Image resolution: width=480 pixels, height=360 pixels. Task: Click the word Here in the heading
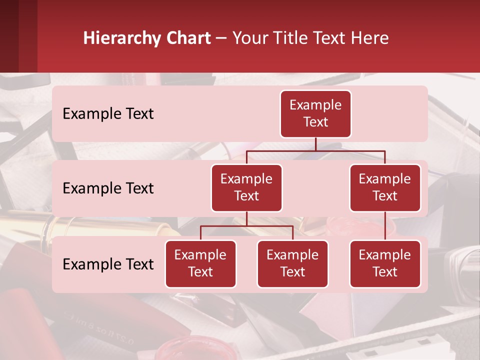(368, 38)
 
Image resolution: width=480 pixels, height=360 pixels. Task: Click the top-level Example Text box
(315, 114)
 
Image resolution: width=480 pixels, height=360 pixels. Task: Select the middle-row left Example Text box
(246, 188)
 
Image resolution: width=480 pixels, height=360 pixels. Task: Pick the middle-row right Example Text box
(385, 188)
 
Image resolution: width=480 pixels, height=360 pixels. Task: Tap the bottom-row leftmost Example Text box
(200, 264)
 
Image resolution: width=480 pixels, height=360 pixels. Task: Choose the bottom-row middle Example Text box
(292, 264)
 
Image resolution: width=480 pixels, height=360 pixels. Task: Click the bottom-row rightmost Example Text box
(385, 264)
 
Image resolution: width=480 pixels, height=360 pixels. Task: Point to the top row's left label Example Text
(108, 114)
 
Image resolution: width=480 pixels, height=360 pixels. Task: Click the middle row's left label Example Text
(108, 188)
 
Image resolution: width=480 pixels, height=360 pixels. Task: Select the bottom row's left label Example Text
(108, 264)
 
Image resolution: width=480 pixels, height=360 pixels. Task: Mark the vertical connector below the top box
(315, 144)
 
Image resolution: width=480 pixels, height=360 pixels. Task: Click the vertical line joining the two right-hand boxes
(385, 226)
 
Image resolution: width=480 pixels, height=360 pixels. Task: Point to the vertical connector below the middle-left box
(246, 219)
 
